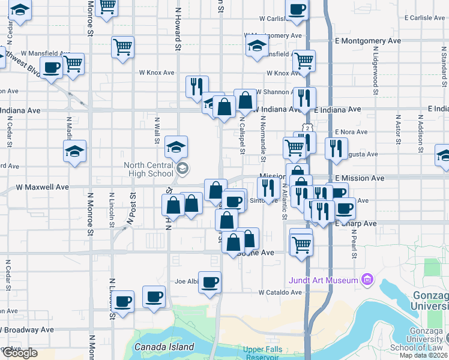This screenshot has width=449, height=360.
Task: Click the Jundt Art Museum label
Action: click(323, 280)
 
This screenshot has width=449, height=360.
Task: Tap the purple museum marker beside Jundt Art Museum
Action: click(366, 280)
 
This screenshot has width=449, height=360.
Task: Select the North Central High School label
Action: click(148, 170)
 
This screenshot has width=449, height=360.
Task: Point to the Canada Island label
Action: click(164, 347)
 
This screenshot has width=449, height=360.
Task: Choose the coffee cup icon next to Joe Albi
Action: click(209, 282)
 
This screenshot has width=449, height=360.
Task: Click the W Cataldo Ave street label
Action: click(280, 293)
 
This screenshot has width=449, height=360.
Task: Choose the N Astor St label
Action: click(397, 128)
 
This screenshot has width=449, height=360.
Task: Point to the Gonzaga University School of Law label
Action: click(427, 340)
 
